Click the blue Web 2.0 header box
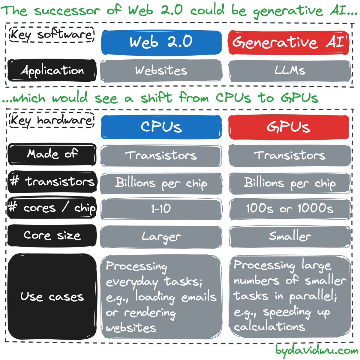[161, 42]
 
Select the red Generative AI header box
[289, 42]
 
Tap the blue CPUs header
[161, 127]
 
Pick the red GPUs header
[289, 127]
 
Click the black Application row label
[52, 70]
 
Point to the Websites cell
[161, 71]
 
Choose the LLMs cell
[289, 71]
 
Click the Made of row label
[52, 154]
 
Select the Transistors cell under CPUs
[161, 156]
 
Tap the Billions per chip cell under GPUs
[290, 184]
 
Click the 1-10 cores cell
[161, 209]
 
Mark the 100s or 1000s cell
[290, 209]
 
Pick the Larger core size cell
[161, 237]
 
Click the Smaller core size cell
[290, 237]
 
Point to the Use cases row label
[52, 297]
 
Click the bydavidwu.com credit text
[317, 351]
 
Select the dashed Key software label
[52, 34]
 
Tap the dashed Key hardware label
[52, 120]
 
